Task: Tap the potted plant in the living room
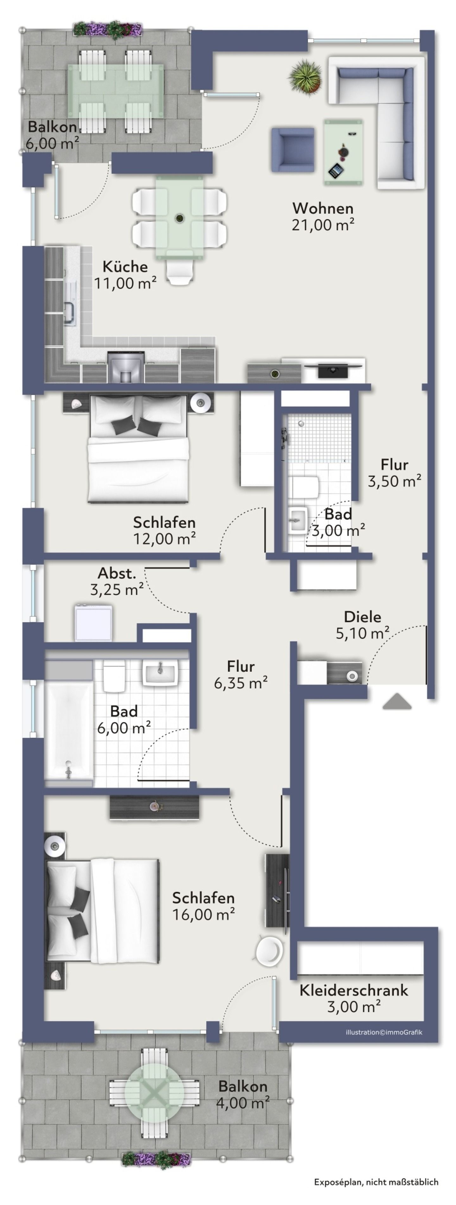306,77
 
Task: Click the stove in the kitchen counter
125,367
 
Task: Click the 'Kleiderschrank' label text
353,990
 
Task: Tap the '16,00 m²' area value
203,914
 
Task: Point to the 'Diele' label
362,616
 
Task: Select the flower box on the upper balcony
108,29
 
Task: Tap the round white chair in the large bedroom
270,951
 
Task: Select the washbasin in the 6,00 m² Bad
161,674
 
